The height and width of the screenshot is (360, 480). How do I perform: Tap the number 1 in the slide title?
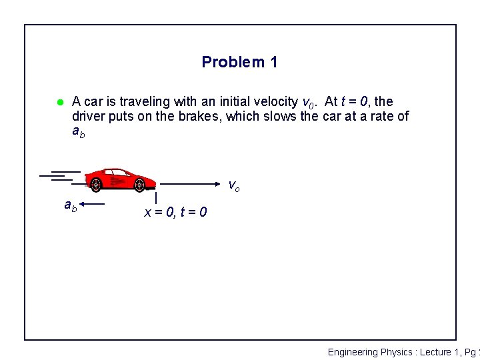click(x=273, y=63)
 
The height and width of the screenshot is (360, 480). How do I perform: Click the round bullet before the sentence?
click(x=59, y=102)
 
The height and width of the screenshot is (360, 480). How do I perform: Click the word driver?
click(x=89, y=117)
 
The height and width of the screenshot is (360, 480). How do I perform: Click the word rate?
click(x=379, y=117)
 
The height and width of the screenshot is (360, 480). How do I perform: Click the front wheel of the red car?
click(x=139, y=184)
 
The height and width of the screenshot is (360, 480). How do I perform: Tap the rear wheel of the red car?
click(x=97, y=184)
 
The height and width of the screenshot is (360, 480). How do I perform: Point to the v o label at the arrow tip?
click(x=234, y=185)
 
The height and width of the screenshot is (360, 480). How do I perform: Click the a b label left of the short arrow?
click(x=70, y=206)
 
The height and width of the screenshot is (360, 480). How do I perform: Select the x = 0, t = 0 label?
click(x=175, y=213)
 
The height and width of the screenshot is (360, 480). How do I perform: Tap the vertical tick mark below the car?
click(x=155, y=198)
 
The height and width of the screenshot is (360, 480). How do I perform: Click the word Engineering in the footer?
click(x=353, y=352)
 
